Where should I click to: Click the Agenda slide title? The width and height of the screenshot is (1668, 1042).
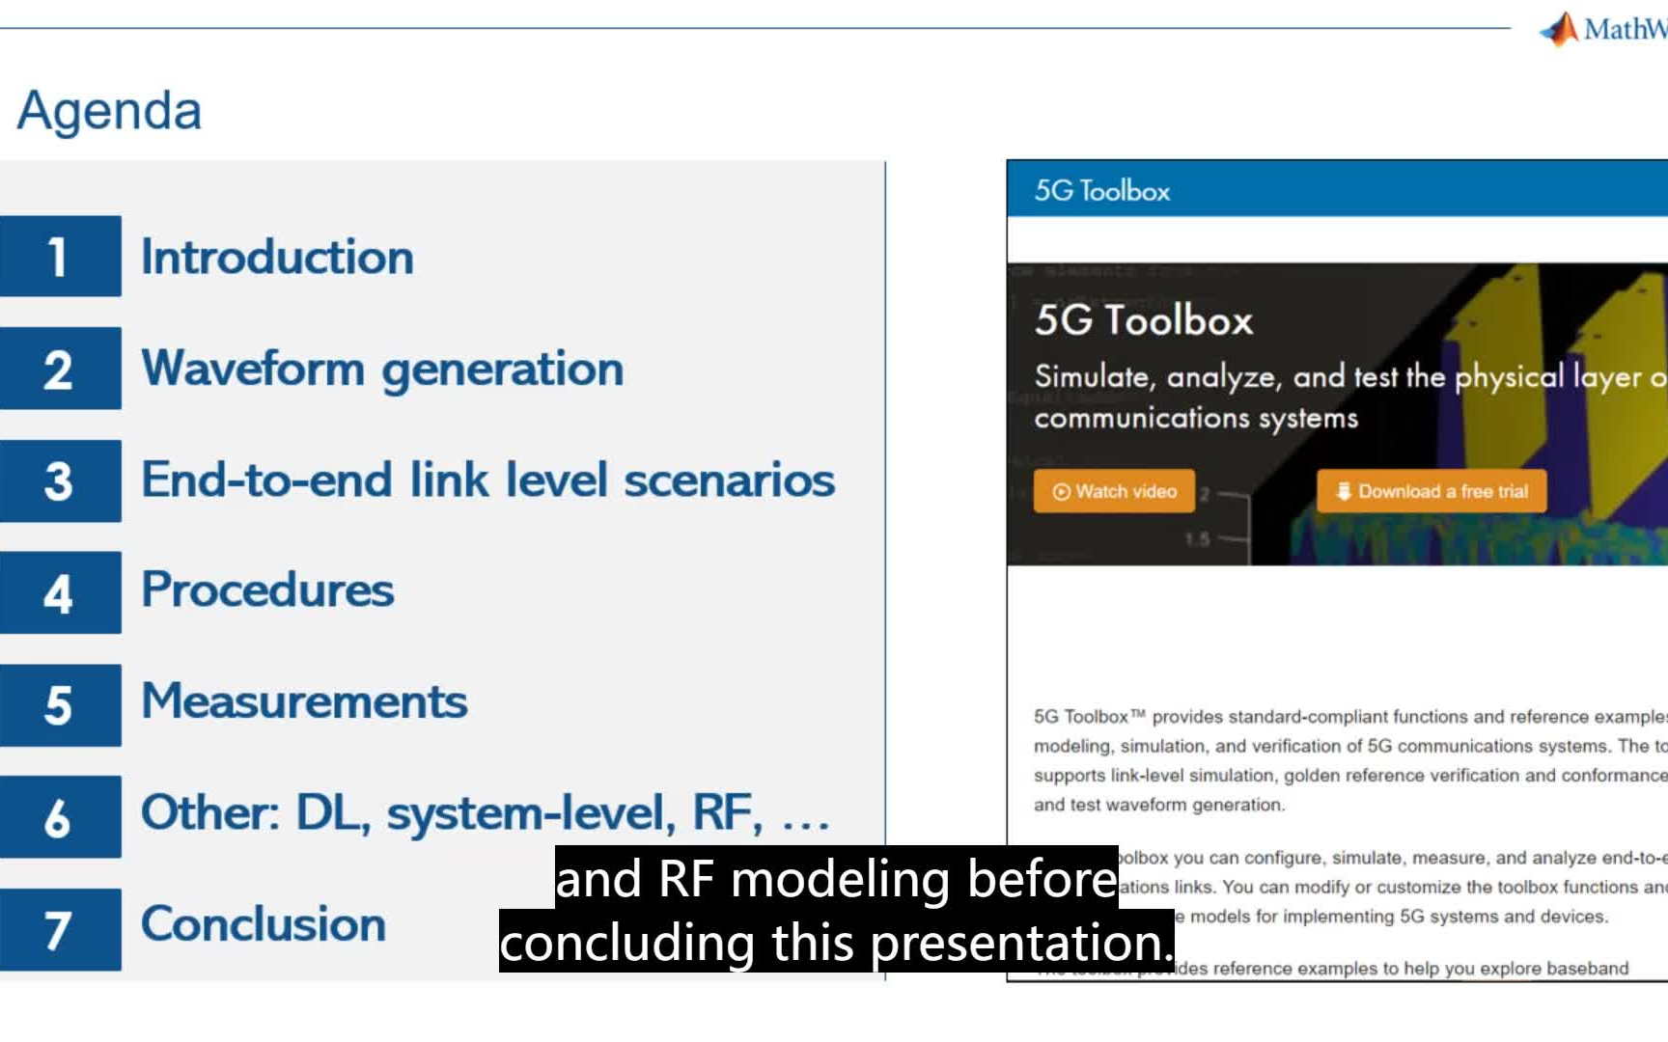109,111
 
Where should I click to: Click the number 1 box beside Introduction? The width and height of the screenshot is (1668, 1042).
60,257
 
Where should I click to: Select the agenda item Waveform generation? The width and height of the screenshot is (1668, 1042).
382,369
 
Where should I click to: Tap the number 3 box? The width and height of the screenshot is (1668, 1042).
60,480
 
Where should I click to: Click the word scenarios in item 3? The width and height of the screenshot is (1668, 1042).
729,480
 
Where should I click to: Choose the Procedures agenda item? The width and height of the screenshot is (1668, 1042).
267,590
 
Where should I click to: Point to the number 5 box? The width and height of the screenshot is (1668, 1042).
60,704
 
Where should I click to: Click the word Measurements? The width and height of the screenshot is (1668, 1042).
304,701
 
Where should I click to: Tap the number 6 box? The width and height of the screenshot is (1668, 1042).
60,816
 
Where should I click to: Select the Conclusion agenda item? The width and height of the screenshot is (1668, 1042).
264,924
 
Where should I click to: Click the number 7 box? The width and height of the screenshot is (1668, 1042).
60,929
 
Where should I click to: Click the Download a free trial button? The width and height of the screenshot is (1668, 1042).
1432,491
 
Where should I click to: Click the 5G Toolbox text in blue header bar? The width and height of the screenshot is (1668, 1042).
1101,191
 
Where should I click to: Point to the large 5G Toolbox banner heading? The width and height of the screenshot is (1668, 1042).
1143,320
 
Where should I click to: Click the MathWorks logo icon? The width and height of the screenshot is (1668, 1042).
1559,29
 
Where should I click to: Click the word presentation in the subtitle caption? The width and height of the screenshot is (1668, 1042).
1020,943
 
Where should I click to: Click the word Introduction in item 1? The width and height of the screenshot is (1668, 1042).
277,258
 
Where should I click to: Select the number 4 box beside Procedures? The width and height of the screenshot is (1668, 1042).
60,592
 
